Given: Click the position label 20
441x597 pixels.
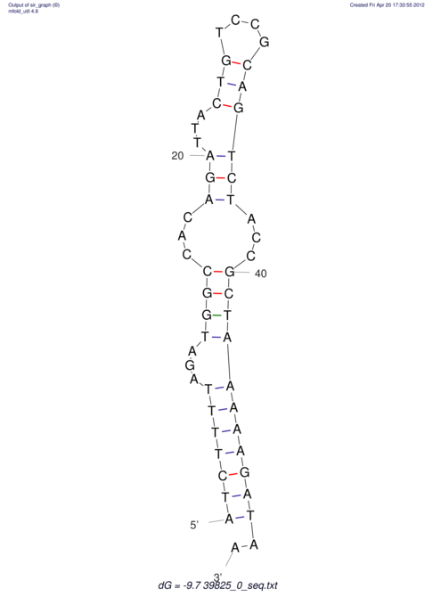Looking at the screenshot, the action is click(x=177, y=156).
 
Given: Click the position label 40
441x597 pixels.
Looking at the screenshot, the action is click(x=260, y=274).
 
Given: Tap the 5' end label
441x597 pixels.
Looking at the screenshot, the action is click(x=194, y=525).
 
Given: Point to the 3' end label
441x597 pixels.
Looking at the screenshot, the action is click(x=218, y=577).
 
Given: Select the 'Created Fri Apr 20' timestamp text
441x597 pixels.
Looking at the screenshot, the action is click(x=387, y=5).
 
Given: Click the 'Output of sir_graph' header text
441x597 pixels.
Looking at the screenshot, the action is click(x=34, y=5).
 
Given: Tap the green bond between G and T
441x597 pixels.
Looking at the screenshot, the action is click(x=216, y=315).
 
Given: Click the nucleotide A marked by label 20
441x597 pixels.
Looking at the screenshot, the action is click(x=210, y=156).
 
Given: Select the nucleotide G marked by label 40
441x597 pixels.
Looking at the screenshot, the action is click(x=229, y=272).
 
